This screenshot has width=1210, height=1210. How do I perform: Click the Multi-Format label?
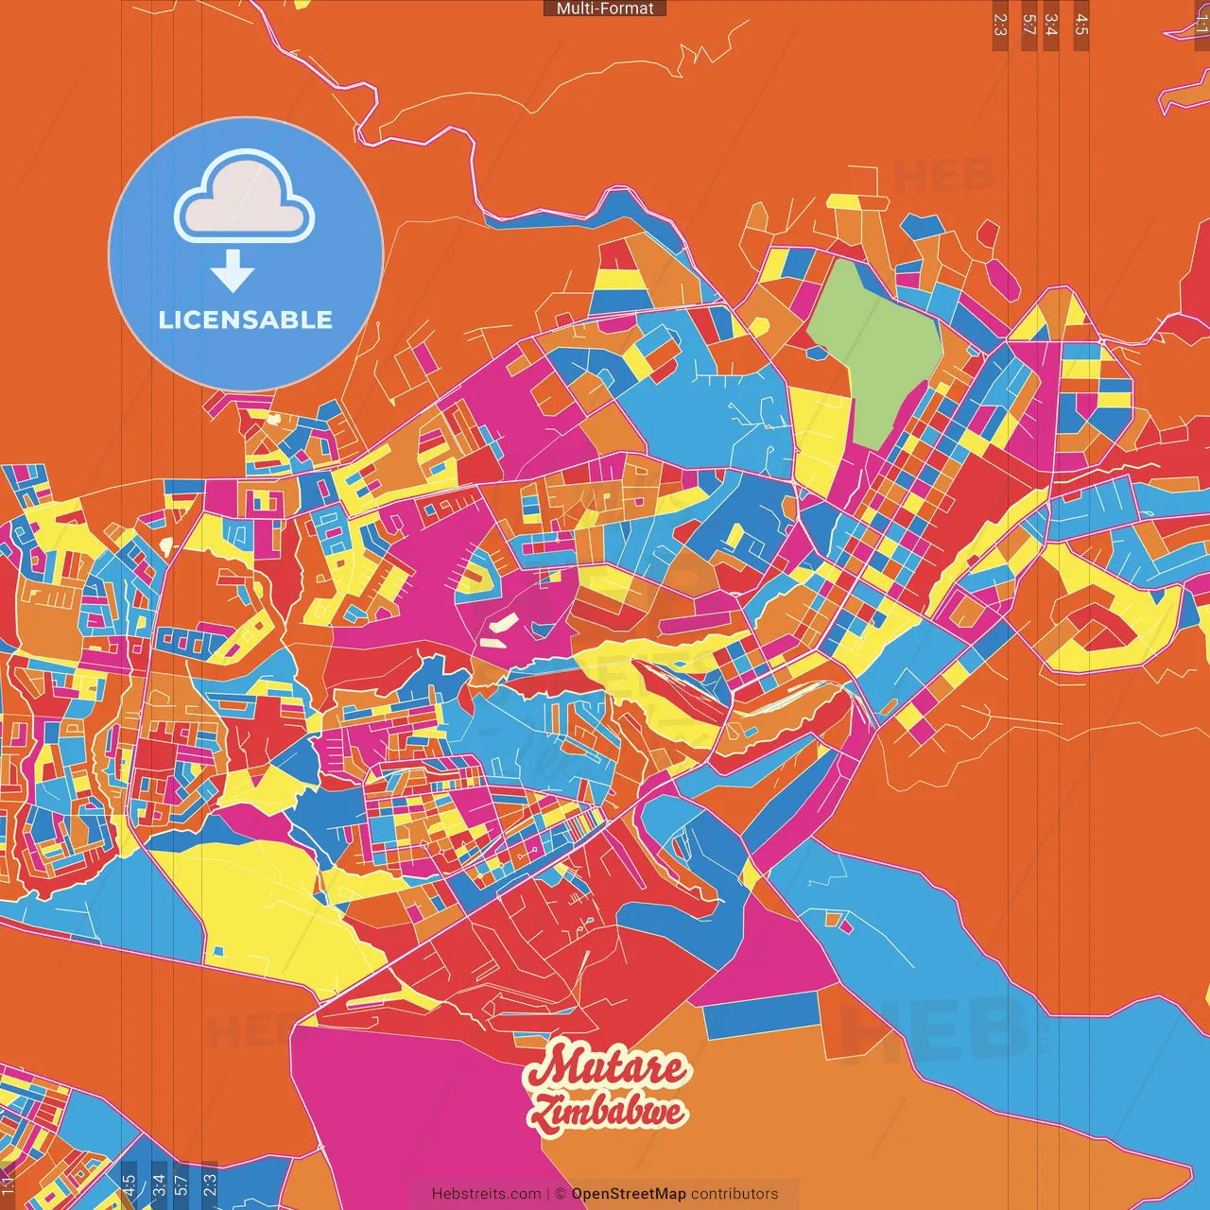(605, 9)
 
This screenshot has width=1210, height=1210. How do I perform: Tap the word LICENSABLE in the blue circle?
(246, 320)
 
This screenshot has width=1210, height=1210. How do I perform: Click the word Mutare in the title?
(607, 1067)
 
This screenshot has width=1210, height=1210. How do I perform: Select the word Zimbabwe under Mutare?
(607, 1112)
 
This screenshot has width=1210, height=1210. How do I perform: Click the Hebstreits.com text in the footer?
(486, 1194)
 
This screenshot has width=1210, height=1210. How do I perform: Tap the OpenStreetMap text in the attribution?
(628, 1194)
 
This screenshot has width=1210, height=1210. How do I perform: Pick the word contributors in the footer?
(735, 1194)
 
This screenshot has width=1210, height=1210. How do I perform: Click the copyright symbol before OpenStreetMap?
(561, 1194)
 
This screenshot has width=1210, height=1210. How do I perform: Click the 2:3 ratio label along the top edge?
(1000, 25)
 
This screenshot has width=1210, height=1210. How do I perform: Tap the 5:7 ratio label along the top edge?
(1028, 25)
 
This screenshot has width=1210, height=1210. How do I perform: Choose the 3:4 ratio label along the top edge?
(1051, 25)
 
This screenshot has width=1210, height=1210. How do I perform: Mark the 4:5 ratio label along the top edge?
(1081, 25)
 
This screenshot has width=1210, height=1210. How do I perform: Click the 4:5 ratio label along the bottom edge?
(130, 1184)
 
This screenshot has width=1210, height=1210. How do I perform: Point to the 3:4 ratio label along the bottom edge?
(159, 1184)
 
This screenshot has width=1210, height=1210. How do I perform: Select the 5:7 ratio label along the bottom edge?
(181, 1184)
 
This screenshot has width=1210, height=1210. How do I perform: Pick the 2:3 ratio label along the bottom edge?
(210, 1184)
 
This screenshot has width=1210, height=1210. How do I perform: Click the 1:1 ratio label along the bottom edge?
(8, 1184)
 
